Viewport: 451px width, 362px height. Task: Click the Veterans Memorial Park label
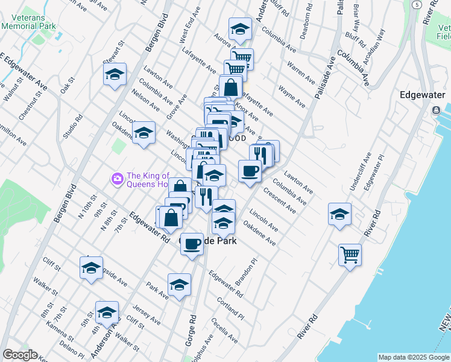(x=28, y=22)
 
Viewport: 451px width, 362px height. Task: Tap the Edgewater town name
(x=423, y=95)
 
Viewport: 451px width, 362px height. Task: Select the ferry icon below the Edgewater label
(x=436, y=111)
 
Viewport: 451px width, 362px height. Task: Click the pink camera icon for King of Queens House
(x=117, y=178)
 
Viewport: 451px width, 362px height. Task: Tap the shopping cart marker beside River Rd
(x=350, y=256)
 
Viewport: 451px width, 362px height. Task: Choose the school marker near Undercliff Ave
(x=339, y=214)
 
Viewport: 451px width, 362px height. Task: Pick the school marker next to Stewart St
(x=115, y=75)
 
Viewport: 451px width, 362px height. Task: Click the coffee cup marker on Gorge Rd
(x=192, y=244)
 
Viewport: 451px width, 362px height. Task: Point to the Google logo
(x=20, y=355)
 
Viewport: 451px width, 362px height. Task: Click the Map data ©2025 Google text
(x=414, y=357)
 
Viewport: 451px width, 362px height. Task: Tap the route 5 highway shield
(x=416, y=4)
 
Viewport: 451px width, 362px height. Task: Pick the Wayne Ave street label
(x=292, y=95)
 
